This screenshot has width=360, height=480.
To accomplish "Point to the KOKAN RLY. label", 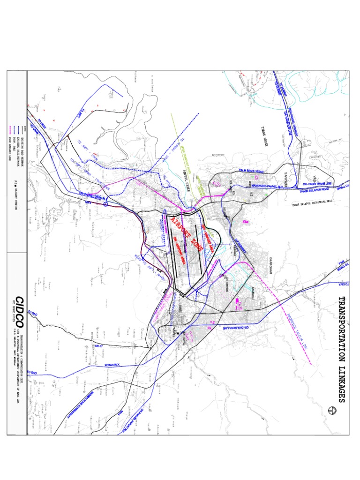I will coord(111,364).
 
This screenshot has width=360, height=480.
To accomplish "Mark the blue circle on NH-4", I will coord(106,204).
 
